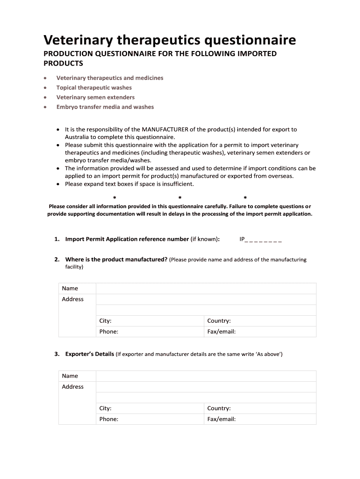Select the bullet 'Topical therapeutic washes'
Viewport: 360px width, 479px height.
pyautogui.click(x=94, y=87)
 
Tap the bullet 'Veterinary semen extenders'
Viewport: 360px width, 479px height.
pyautogui.click(x=95, y=97)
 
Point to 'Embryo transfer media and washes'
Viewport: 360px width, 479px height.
pyautogui.click(x=105, y=107)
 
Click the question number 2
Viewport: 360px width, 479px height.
pyautogui.click(x=57, y=260)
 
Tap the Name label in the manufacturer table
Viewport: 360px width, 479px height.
pyautogui.click(x=70, y=289)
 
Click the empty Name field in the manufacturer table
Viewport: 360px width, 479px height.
pyautogui.click(x=206, y=289)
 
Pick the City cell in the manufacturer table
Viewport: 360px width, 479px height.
pyautogui.click(x=150, y=321)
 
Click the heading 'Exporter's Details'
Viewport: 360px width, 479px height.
pyautogui.click(x=89, y=354)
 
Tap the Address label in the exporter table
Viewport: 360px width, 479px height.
pyautogui.click(x=73, y=387)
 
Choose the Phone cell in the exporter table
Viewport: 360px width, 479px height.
pyautogui.click(x=150, y=419)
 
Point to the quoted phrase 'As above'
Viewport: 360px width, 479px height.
pyautogui.click(x=268, y=355)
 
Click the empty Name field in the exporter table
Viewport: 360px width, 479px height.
pyautogui.click(x=206, y=376)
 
